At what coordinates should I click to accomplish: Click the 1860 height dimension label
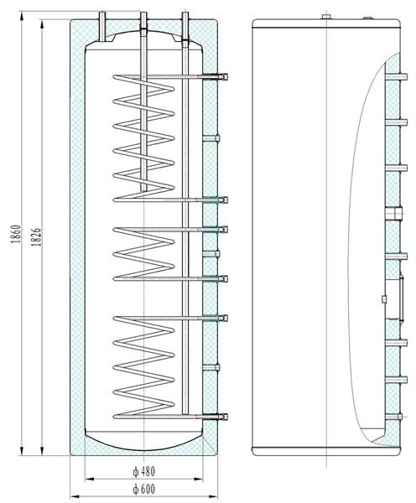[16, 234]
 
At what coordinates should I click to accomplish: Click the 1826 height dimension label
[36, 237]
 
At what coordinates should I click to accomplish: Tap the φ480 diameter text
[144, 471]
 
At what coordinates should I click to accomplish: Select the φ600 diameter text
[144, 489]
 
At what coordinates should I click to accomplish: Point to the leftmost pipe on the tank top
[102, 27]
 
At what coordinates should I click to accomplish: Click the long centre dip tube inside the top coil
[143, 101]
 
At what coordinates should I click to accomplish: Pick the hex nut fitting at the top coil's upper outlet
[225, 76]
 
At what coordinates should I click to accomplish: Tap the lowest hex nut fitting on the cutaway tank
[225, 417]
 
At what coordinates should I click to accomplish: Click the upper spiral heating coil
[143, 138]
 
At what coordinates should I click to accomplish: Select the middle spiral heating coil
[143, 254]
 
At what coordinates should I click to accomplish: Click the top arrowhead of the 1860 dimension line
[22, 15]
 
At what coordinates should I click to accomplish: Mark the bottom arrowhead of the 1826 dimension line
[42, 451]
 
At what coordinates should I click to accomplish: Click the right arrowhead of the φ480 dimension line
[199, 480]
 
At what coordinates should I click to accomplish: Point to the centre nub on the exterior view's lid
[326, 17]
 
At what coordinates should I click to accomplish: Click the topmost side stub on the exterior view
[397, 76]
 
